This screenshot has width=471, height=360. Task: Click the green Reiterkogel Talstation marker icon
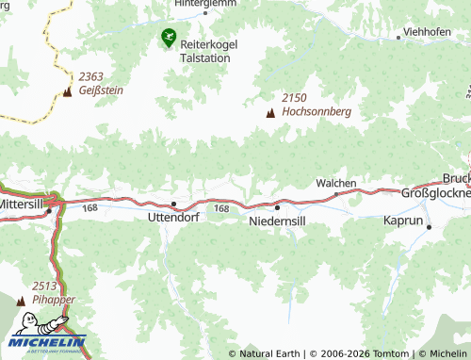pyautogui.click(x=168, y=38)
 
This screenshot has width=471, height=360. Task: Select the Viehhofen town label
pyautogui.click(x=426, y=32)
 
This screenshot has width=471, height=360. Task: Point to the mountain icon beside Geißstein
pyautogui.click(x=67, y=91)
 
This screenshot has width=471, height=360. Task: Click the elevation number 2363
pyautogui.click(x=91, y=77)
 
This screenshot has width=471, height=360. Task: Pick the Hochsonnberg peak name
pyautogui.click(x=317, y=111)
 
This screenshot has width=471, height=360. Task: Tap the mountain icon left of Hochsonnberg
pyautogui.click(x=271, y=112)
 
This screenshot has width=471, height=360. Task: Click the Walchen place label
pyautogui.click(x=335, y=182)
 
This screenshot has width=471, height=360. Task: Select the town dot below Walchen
pyautogui.click(x=336, y=194)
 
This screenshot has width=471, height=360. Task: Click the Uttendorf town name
pyautogui.click(x=173, y=217)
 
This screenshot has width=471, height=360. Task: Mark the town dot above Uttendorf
pyautogui.click(x=173, y=204)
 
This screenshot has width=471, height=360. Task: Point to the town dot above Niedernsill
pyautogui.click(x=277, y=207)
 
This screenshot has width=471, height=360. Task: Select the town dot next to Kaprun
pyautogui.click(x=429, y=227)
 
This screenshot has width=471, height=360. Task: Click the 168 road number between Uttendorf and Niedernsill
pyautogui.click(x=221, y=208)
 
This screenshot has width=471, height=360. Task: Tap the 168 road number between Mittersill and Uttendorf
pyautogui.click(x=89, y=207)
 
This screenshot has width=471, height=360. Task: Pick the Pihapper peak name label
pyautogui.click(x=53, y=299)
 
